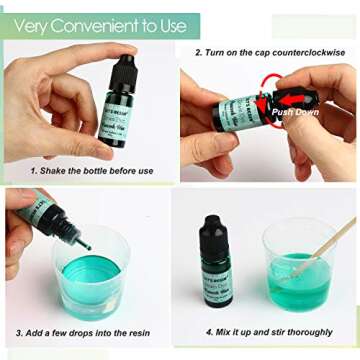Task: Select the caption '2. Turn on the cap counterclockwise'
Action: click(x=270, y=52)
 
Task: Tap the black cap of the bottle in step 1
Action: click(x=115, y=61)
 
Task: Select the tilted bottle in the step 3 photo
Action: click(x=45, y=215)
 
